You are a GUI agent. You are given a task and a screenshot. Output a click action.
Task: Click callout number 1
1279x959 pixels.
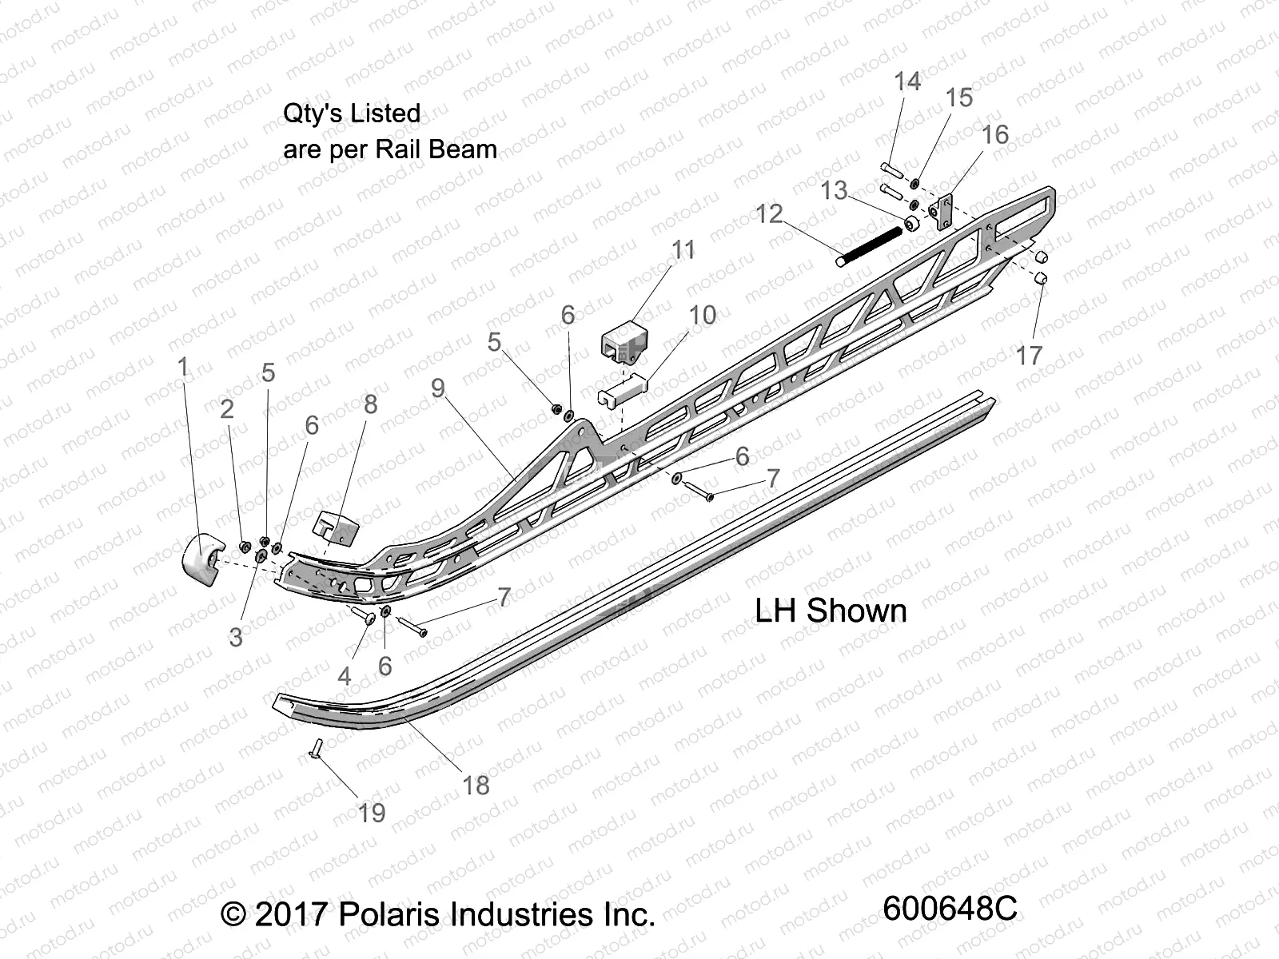click(x=183, y=367)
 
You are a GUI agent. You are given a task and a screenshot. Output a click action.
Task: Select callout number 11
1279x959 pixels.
click(x=683, y=250)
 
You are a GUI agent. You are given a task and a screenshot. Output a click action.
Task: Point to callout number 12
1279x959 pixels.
click(x=770, y=213)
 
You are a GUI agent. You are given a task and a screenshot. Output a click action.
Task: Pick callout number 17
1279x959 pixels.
click(x=1030, y=355)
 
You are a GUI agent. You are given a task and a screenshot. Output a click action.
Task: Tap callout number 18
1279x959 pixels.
click(x=476, y=786)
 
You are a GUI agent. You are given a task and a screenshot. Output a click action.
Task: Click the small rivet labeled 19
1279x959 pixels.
click(x=314, y=749)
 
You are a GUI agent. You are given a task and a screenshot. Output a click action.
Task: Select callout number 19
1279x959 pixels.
click(x=371, y=813)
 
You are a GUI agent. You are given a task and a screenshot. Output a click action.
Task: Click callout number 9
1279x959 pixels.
click(x=437, y=388)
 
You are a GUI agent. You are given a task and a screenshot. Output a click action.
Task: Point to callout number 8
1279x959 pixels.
click(x=370, y=404)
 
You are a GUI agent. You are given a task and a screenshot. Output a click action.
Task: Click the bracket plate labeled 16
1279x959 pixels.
click(x=943, y=211)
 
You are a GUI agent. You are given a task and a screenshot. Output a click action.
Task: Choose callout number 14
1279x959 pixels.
click(x=907, y=81)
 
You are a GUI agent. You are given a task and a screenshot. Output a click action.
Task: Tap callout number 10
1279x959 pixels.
click(x=703, y=315)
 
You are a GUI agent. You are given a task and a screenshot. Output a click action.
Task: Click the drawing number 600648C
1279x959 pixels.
click(x=950, y=909)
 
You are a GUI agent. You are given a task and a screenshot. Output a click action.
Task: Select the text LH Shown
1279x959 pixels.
click(x=831, y=611)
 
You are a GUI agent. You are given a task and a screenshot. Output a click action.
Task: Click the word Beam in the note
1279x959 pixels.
click(x=462, y=149)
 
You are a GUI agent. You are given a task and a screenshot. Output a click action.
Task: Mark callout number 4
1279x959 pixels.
click(x=344, y=676)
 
